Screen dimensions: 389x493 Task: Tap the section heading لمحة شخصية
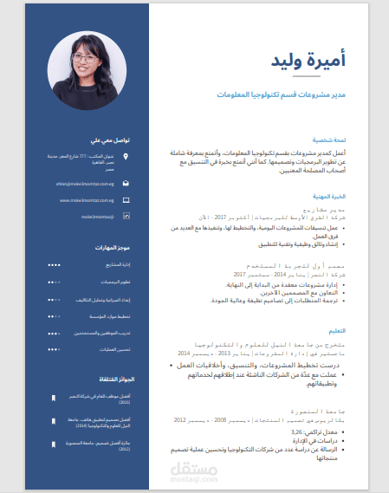coord(334,139)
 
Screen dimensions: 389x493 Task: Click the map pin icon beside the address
coord(126,157)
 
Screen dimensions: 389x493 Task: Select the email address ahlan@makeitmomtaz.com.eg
coord(87,184)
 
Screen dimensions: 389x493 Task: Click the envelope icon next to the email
coord(126,184)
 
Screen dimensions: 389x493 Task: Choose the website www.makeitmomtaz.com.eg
coord(89,199)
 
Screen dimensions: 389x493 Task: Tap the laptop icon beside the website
coord(126,199)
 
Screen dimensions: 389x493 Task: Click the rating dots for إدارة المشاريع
coord(55,264)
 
